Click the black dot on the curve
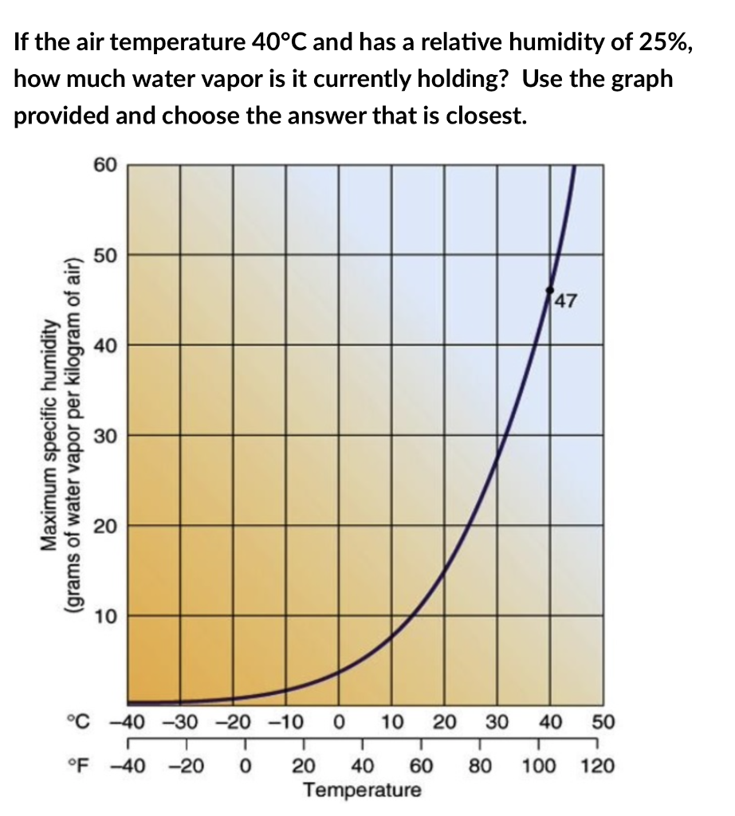coord(549,290)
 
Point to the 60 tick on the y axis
coord(105,165)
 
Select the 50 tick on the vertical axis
coord(105,256)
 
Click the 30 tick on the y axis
coord(105,436)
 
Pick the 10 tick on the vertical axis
coord(105,616)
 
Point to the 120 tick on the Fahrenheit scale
coord(598,767)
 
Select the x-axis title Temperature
coord(363,790)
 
